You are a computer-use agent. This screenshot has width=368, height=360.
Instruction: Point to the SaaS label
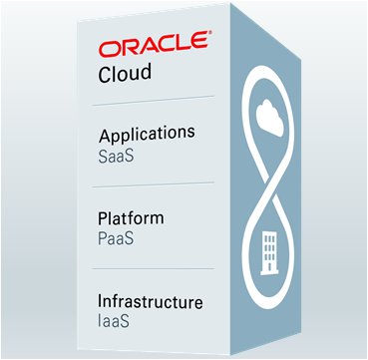[x=116, y=153]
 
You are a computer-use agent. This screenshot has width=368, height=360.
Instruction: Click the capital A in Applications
[x=104, y=134]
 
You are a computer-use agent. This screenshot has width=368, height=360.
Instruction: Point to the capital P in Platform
[x=103, y=218]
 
